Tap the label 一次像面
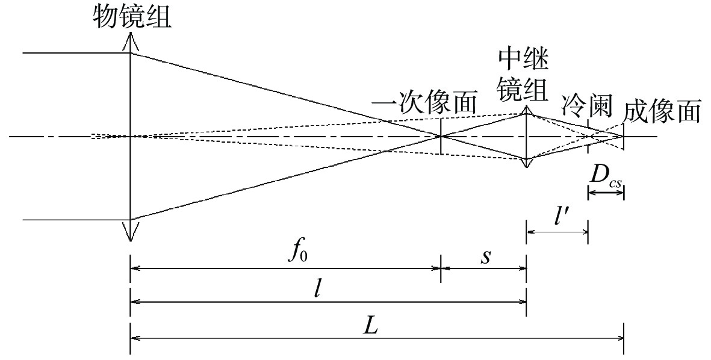point(424,104)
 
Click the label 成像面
point(662,111)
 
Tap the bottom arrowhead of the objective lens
point(130,233)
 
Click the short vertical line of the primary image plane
point(441,136)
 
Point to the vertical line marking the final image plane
point(624,136)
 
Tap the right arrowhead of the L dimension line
point(620,340)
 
